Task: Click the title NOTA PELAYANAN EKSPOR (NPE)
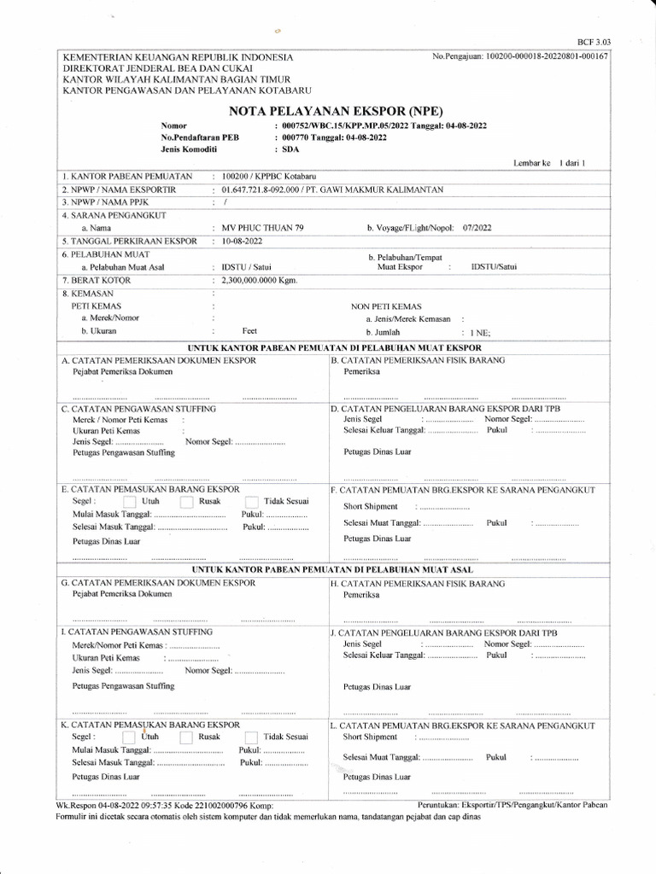[x=328, y=110]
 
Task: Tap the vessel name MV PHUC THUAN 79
[x=255, y=228]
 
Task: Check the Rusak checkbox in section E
[x=187, y=502]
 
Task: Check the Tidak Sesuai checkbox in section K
[x=252, y=736]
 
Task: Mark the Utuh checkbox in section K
[x=129, y=736]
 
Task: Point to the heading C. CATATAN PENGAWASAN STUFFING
[x=138, y=410]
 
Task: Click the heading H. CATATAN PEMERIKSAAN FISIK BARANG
[x=417, y=583]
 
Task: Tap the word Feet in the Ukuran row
[x=249, y=330]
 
